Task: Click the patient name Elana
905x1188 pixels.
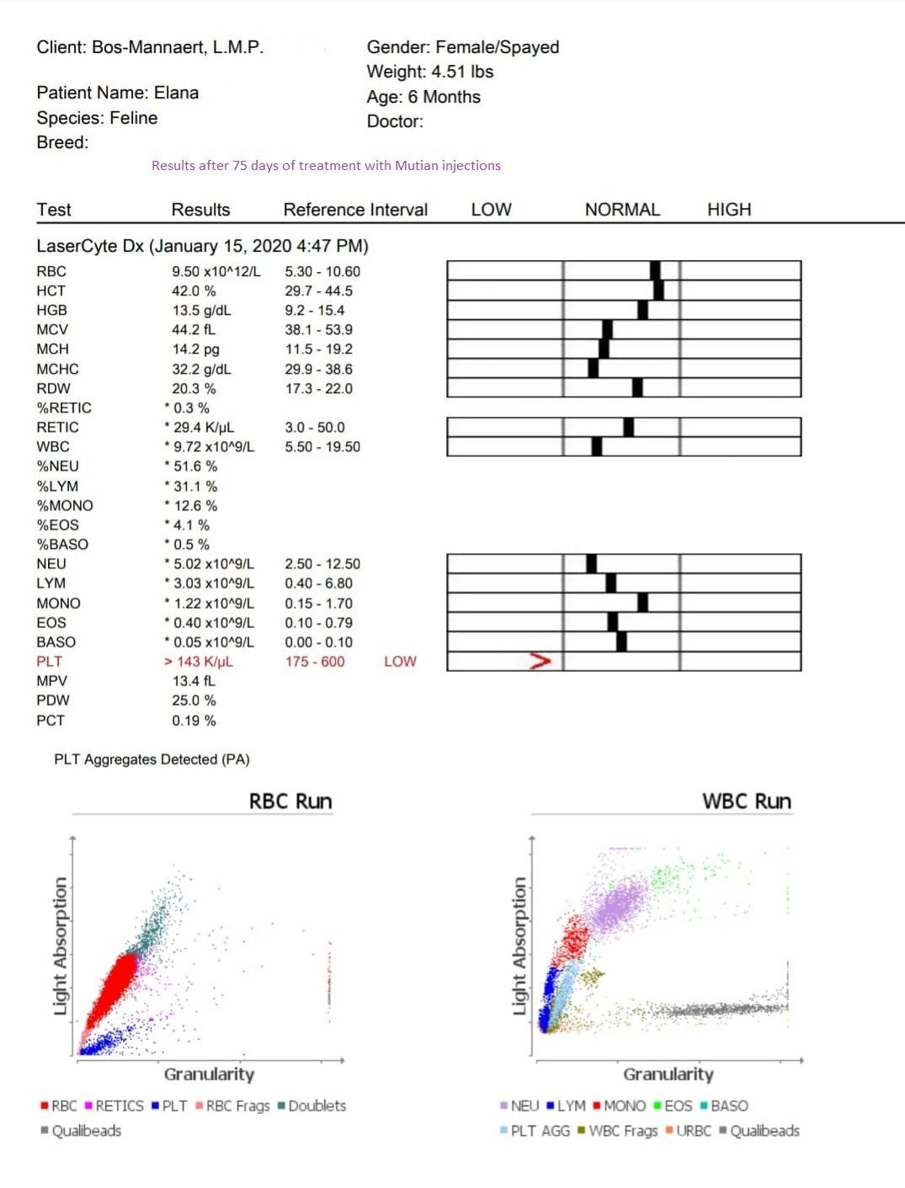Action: point(176,93)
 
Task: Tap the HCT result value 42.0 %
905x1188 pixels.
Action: point(194,290)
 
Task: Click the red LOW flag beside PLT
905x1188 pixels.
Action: point(400,662)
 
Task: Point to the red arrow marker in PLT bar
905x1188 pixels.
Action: point(540,661)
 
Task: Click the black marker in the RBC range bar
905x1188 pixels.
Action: point(655,270)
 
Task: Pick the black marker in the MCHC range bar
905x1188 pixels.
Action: point(593,368)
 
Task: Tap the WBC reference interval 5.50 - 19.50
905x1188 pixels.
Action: point(322,446)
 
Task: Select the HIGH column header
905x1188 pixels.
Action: point(728,210)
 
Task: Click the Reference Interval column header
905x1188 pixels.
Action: point(355,210)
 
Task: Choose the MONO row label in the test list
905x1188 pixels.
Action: point(58,603)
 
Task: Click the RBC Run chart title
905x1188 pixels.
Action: point(290,801)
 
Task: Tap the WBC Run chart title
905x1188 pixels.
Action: point(747,801)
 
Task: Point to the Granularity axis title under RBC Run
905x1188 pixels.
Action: point(209,1073)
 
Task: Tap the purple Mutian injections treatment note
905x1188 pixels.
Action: point(326,166)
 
